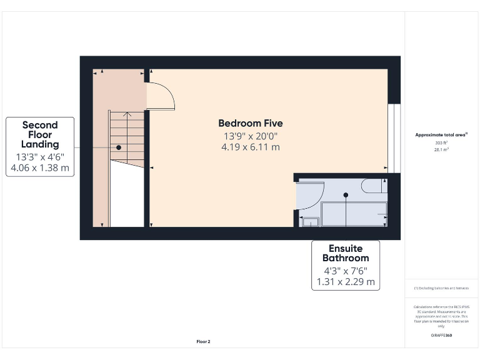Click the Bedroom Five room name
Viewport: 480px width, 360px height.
(x=250, y=123)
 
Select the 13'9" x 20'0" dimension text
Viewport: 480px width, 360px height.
(x=250, y=136)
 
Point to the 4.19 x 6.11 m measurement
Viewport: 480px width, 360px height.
(x=250, y=147)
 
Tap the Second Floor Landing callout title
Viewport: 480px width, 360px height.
(x=40, y=134)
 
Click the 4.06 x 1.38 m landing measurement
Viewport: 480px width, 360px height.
(x=40, y=168)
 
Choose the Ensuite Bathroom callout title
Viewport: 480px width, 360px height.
(x=345, y=252)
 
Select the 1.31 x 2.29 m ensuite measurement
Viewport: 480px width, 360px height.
(x=345, y=282)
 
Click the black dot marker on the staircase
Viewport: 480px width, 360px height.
(x=119, y=147)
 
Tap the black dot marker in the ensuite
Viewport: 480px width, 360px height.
(x=346, y=195)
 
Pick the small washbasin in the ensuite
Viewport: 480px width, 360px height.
(x=310, y=220)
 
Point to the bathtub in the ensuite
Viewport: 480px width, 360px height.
(x=354, y=214)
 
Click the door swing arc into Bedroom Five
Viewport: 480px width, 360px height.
(x=161, y=96)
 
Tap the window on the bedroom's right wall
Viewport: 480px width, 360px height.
(x=393, y=138)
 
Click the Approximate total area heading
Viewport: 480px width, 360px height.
(x=441, y=134)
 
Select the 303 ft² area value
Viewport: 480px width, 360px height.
(x=441, y=143)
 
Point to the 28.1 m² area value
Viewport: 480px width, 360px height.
(x=441, y=150)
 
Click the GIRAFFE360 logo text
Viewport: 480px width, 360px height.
(x=441, y=336)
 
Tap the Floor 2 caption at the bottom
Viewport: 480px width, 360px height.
(x=203, y=342)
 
